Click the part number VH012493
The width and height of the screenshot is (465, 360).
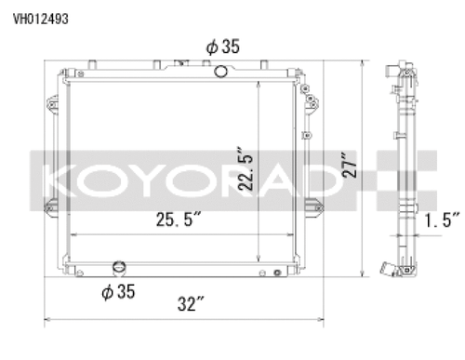pyautogui.click(x=39, y=17)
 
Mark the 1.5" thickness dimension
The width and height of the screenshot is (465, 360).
pyautogui.click(x=441, y=220)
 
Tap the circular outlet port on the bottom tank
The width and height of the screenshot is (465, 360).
pyautogui.click(x=118, y=269)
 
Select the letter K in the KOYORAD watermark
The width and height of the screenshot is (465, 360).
pyautogui.click(x=47, y=176)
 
